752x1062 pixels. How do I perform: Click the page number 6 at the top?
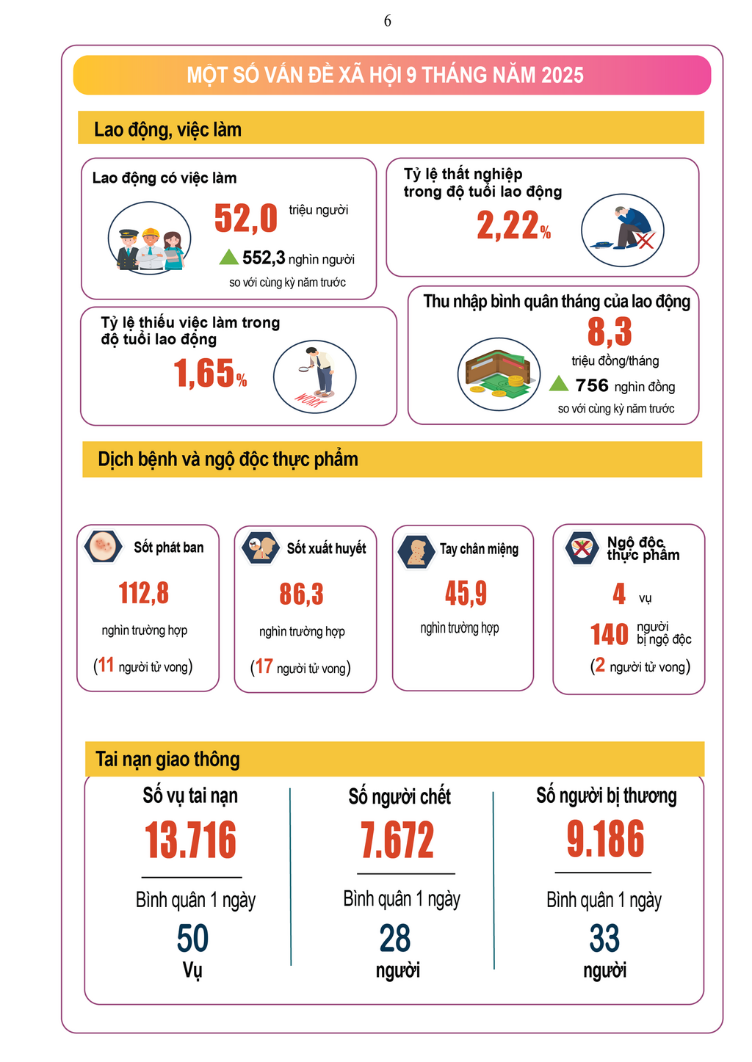point(387,21)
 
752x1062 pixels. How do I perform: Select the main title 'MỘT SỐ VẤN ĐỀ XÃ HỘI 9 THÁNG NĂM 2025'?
point(385,75)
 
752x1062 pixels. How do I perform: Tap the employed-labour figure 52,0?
point(246,218)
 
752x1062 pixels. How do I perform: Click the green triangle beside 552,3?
point(229,257)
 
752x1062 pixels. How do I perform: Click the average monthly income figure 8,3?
point(610,332)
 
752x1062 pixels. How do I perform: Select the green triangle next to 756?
point(559,384)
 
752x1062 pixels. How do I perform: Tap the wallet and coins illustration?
point(499,374)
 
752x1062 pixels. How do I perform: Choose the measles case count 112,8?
point(144,593)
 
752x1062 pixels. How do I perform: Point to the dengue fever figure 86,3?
point(301,594)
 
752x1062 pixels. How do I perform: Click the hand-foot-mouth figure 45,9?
point(466,593)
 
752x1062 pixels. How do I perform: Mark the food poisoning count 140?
point(610,634)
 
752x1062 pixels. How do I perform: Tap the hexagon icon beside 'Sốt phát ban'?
point(104,547)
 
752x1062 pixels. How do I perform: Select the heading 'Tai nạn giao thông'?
point(168,759)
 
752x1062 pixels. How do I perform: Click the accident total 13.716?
point(191,840)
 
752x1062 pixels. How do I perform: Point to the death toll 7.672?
point(397,840)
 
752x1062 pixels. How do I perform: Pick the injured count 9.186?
point(605,839)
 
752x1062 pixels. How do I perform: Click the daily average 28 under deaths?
point(395,939)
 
